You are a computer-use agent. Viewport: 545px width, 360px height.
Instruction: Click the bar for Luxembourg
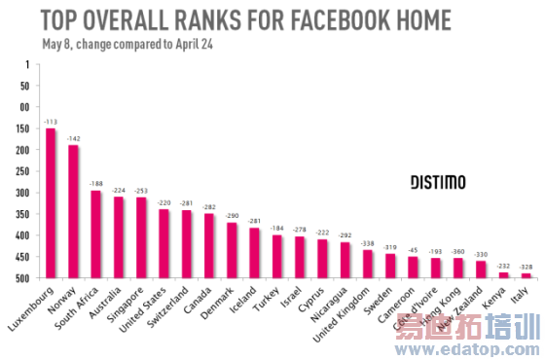[51, 202]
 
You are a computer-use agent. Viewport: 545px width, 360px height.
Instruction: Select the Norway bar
[73, 211]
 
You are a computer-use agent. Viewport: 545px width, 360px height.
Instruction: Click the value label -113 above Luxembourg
[51, 123]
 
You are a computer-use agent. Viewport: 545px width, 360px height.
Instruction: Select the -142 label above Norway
[73, 140]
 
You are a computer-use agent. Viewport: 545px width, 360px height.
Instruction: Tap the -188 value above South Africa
[95, 183]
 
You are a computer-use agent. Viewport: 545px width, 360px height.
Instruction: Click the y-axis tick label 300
[21, 193]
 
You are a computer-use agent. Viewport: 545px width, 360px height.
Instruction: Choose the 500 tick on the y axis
[21, 278]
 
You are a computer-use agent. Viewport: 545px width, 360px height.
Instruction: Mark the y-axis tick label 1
[26, 64]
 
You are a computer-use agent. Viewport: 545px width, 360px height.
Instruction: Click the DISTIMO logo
[437, 182]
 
